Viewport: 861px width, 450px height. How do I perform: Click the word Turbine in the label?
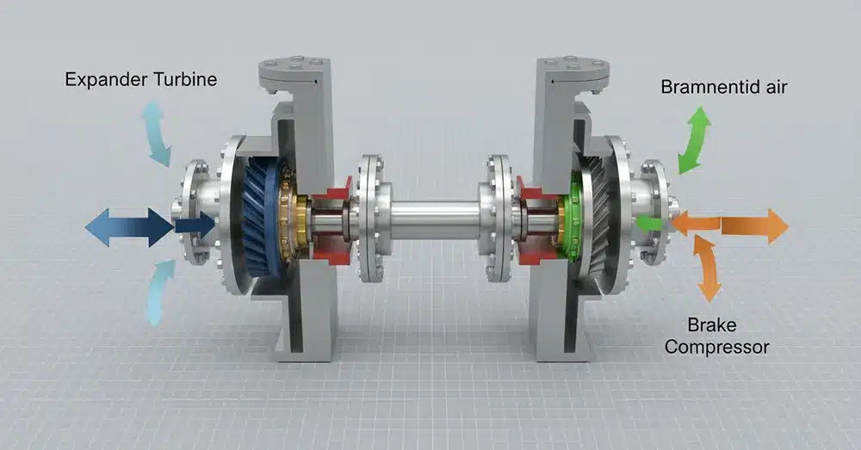tap(185, 79)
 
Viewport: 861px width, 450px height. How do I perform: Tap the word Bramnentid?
tap(705, 87)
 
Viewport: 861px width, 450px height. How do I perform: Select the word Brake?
tap(712, 325)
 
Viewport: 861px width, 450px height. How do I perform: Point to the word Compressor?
tap(716, 347)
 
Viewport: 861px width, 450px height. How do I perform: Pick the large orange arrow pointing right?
tap(754, 225)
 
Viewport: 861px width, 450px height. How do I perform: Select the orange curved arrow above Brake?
tap(707, 268)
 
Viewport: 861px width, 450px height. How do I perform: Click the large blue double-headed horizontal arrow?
tap(130, 226)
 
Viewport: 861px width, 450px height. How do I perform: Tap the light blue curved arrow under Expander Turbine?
tap(156, 133)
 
